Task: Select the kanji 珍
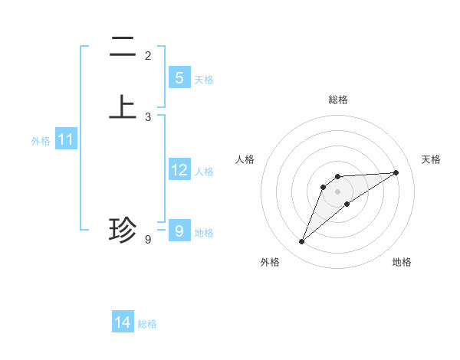click(x=123, y=230)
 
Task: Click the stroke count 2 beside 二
click(x=148, y=55)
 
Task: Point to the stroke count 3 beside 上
click(x=148, y=117)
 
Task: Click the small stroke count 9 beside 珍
click(x=148, y=240)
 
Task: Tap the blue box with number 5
click(x=179, y=77)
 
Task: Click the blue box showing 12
click(x=179, y=169)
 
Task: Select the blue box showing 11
click(x=65, y=139)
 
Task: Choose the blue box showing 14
click(x=123, y=322)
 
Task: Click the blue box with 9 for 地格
click(x=179, y=231)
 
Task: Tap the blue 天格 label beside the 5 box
click(x=204, y=80)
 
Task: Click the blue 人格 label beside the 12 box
click(x=204, y=172)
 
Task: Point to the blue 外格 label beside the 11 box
click(x=41, y=141)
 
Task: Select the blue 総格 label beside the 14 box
click(x=147, y=324)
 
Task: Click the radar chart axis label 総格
click(x=337, y=100)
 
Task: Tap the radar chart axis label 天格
click(x=431, y=159)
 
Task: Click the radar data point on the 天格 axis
click(x=396, y=172)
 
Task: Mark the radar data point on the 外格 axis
click(x=301, y=242)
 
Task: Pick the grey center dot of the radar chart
click(x=337, y=191)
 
